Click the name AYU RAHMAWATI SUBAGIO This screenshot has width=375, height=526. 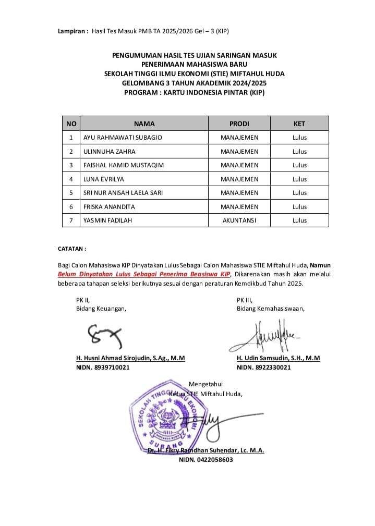coord(123,138)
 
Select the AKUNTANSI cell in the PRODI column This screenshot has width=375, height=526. coord(239,221)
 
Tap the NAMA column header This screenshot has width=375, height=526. coord(144,124)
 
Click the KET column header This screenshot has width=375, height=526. coord(299,124)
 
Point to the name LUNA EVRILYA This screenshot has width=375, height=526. coord(104,179)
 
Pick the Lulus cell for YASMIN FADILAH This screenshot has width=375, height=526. coord(299,221)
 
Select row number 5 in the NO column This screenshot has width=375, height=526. coord(71,193)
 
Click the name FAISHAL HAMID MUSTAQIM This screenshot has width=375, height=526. coord(124,165)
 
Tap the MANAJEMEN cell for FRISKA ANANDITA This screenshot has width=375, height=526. coord(239,207)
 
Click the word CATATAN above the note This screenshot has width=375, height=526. coord(71,249)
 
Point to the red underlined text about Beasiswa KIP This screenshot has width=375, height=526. coord(144,274)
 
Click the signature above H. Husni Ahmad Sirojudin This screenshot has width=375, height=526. coord(104,336)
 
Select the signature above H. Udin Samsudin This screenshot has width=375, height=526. coord(263,336)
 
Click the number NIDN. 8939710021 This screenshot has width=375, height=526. coord(103,368)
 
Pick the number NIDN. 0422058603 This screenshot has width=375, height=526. coord(206,460)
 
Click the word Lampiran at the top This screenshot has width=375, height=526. coord(72,31)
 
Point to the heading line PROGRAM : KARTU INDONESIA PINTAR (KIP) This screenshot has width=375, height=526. coord(195,93)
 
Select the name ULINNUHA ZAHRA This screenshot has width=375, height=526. coord(109,152)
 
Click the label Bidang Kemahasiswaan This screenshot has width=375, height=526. coord(270,308)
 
